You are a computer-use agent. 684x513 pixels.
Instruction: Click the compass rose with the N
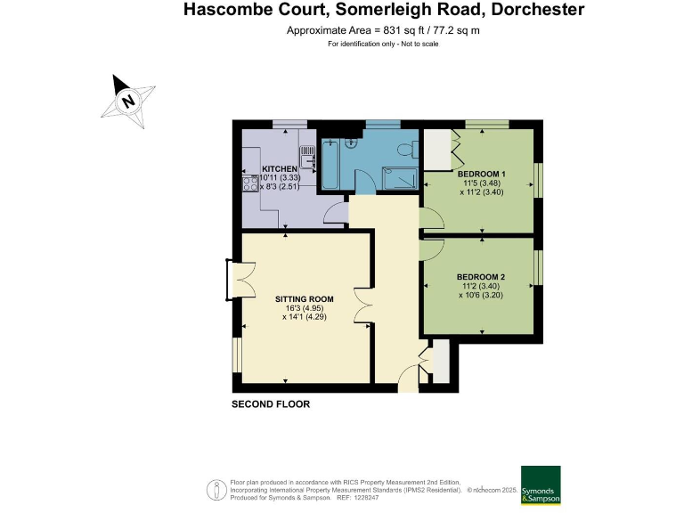click(x=130, y=100)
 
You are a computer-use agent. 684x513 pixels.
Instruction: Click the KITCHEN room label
click(x=279, y=169)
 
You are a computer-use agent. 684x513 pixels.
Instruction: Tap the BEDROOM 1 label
click(x=481, y=174)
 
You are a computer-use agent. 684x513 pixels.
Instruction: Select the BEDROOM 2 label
click(x=481, y=276)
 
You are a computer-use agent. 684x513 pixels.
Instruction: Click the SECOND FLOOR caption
click(x=271, y=404)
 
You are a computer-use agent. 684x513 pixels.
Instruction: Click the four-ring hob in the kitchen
click(x=249, y=185)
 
